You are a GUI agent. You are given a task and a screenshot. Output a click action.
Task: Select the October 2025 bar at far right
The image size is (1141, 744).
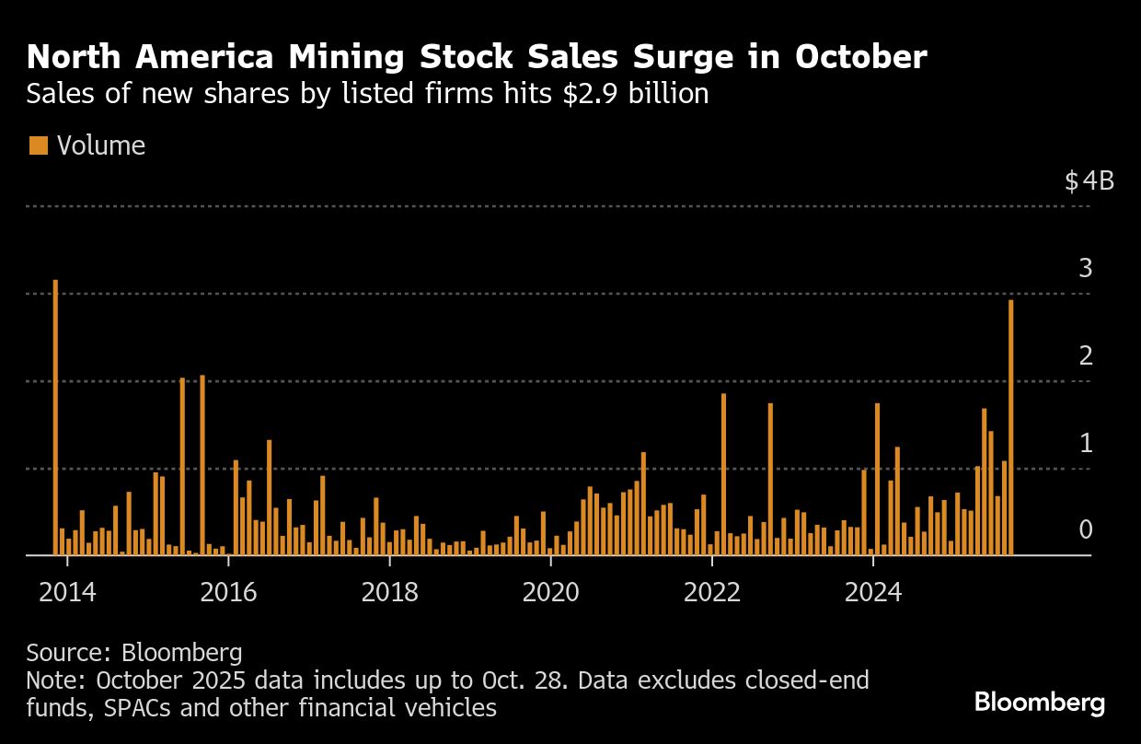point(1011,428)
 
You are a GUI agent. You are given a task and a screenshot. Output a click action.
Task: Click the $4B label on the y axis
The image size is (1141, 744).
point(1089,181)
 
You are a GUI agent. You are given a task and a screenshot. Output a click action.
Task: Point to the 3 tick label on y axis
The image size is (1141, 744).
point(1086,269)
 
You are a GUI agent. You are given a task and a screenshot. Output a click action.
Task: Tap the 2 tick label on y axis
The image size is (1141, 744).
point(1086,355)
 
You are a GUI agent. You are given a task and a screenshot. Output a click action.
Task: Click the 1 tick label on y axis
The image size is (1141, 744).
point(1086,443)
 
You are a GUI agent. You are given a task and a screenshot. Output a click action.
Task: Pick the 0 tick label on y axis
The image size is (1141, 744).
point(1086,530)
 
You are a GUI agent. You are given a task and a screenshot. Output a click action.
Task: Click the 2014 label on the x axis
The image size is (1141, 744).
point(67,592)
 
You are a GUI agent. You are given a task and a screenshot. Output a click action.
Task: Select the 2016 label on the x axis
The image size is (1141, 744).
point(228,592)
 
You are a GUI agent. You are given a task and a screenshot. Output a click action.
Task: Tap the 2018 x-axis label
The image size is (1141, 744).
point(390,592)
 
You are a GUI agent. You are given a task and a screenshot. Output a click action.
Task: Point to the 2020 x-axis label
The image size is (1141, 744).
point(551,592)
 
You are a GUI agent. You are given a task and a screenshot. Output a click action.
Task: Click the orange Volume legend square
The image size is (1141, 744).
point(39,145)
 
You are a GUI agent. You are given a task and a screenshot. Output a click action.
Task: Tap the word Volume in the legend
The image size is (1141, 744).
point(101,145)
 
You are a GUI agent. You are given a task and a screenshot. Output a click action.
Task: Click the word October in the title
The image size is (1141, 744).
point(860,58)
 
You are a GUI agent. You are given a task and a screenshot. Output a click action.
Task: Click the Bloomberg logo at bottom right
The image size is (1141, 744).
point(1040,703)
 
